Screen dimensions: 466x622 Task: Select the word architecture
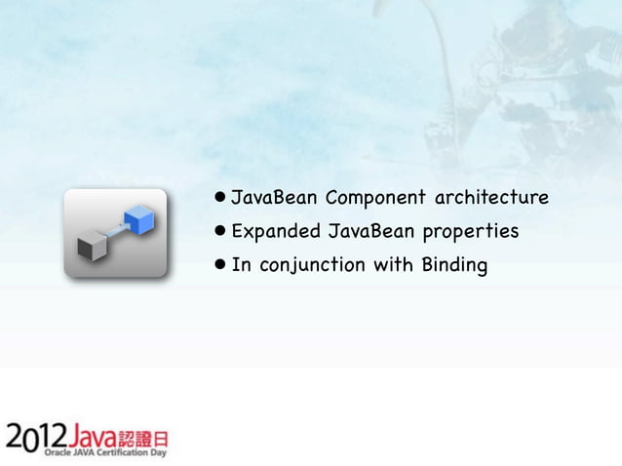click(491, 199)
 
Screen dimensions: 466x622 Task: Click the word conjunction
click(310, 265)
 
